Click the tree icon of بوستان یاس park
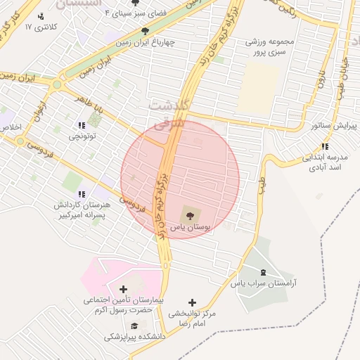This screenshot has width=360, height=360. [188, 212]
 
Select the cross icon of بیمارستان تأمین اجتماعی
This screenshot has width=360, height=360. [124, 288]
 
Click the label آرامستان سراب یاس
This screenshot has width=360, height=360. [264, 283]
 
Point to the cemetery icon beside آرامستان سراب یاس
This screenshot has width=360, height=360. [263, 271]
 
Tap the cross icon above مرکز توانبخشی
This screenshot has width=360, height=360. [193, 302]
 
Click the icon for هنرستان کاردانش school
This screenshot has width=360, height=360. [82, 193]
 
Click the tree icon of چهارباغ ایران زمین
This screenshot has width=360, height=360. [146, 31]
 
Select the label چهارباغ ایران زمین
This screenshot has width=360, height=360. [146, 41]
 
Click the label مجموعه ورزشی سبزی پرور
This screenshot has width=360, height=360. [269, 47]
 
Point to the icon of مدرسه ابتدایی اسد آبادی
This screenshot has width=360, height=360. [324, 146]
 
